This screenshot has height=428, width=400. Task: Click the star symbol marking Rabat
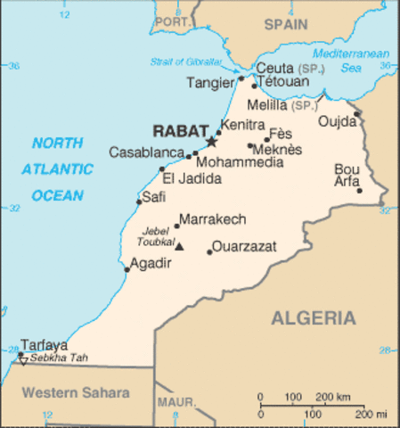coord(211,141)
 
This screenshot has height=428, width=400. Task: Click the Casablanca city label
coord(146,152)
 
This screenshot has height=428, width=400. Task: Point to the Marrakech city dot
coord(176,226)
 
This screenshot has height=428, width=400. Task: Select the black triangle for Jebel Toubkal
coord(178,247)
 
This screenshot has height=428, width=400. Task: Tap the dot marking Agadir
coord(127,269)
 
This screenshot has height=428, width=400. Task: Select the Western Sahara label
coord(76,392)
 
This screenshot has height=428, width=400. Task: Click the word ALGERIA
coord(313,318)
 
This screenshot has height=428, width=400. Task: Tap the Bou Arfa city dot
coord(360,190)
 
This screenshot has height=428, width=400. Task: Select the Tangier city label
coord(209,83)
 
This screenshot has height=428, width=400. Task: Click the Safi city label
coord(154,197)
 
